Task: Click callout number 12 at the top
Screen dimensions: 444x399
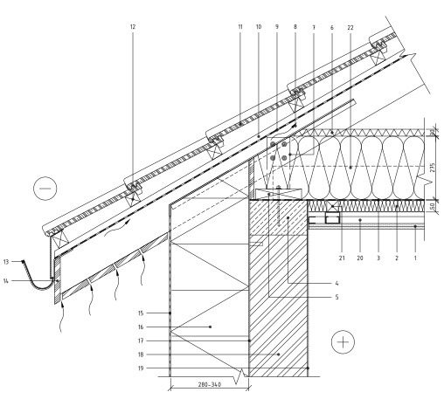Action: pyautogui.click(x=133, y=27)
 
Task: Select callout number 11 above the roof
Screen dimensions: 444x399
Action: pyautogui.click(x=240, y=27)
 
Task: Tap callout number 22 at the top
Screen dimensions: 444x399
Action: pyautogui.click(x=350, y=28)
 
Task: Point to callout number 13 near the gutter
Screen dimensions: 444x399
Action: pyautogui.click(x=6, y=262)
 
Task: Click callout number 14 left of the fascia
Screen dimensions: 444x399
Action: pyautogui.click(x=6, y=281)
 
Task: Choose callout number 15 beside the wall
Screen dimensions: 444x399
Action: pyautogui.click(x=141, y=313)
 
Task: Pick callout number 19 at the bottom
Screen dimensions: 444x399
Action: pyautogui.click(x=141, y=368)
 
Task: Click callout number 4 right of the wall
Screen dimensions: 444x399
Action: pyautogui.click(x=336, y=283)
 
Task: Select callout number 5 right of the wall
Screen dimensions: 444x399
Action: pyautogui.click(x=336, y=297)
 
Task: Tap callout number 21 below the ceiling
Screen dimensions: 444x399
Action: pyautogui.click(x=342, y=258)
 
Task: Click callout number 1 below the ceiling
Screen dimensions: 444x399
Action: pyautogui.click(x=415, y=258)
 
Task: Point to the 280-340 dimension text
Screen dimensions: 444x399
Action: pyautogui.click(x=210, y=385)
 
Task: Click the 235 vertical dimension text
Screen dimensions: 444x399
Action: pyautogui.click(x=433, y=168)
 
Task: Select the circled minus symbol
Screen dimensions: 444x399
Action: pyautogui.click(x=45, y=189)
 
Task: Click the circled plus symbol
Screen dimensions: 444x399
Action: pyautogui.click(x=343, y=342)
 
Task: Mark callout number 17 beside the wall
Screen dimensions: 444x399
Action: pyautogui.click(x=141, y=341)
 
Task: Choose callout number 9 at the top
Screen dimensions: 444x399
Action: pyautogui.click(x=277, y=27)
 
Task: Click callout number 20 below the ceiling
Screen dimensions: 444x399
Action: pyautogui.click(x=360, y=258)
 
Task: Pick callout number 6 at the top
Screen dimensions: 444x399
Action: pyautogui.click(x=332, y=28)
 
